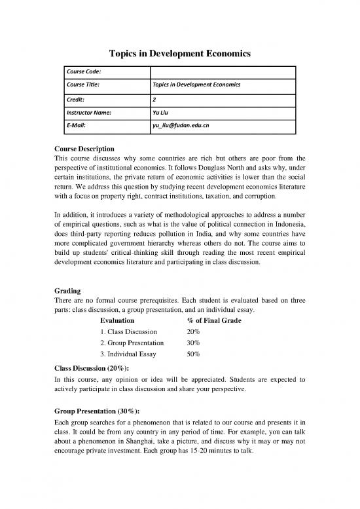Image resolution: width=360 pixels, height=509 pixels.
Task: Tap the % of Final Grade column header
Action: click(214, 321)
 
